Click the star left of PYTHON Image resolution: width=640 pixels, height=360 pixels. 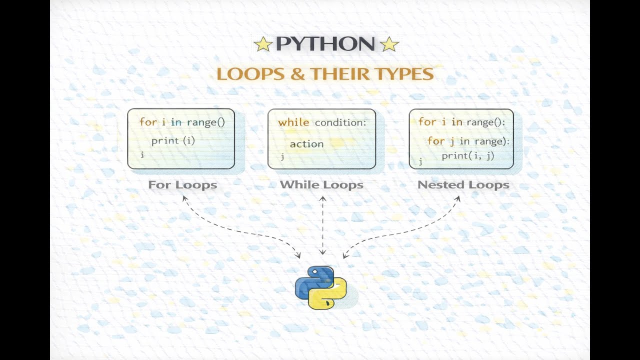262,44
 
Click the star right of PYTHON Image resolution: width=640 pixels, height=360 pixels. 389,44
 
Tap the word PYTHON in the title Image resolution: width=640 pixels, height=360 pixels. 325,44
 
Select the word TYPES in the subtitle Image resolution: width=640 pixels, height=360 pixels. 404,74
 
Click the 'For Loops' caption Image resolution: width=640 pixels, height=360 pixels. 182,185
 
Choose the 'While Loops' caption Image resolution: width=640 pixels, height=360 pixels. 321,185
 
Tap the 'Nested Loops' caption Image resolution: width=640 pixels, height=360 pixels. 463,185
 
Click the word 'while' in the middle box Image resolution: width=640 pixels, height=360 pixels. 293,122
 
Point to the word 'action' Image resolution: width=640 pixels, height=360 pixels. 306,144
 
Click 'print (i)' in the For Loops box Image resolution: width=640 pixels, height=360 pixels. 173,140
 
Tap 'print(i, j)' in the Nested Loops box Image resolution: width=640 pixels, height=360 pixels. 468,155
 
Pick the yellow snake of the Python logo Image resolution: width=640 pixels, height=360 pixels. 331,295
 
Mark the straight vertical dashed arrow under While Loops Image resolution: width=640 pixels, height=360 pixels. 323,225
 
